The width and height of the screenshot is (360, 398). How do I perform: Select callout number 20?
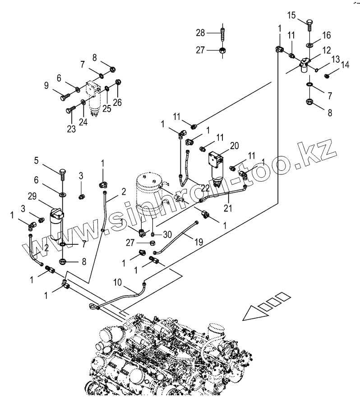pyautogui.click(x=234, y=145)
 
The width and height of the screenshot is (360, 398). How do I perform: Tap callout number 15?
pyautogui.click(x=291, y=16)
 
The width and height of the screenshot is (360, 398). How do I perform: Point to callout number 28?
pyautogui.click(x=200, y=32)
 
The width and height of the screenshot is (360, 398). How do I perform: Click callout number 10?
pyautogui.click(x=117, y=283)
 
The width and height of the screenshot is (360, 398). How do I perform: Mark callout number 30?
pyautogui.click(x=168, y=234)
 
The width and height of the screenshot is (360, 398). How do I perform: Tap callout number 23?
pyautogui.click(x=71, y=128)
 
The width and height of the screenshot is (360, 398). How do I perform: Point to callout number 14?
pyautogui.click(x=345, y=65)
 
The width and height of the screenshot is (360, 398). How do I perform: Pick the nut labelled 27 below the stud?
pyautogui.click(x=223, y=50)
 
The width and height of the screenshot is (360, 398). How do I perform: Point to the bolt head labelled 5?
pyautogui.click(x=62, y=172)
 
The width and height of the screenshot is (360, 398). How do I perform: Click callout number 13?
pyautogui.click(x=335, y=59)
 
